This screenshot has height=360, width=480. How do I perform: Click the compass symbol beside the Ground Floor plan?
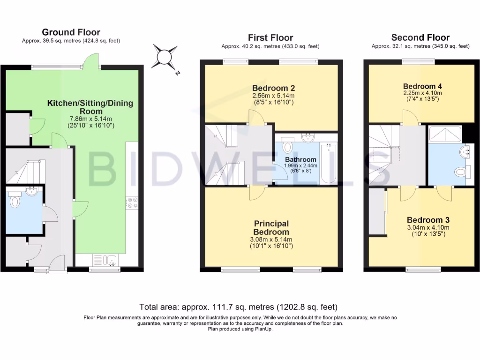click(x=165, y=57)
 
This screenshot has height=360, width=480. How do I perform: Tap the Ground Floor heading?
click(x=71, y=32)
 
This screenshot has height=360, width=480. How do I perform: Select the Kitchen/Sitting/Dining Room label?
click(x=90, y=107)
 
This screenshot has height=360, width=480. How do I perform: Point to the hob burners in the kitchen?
click(x=132, y=202)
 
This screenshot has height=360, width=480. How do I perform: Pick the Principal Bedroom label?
click(x=271, y=228)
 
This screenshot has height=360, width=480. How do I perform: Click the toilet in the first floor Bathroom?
click(x=288, y=146)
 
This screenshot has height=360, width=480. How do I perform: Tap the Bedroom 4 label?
click(x=422, y=86)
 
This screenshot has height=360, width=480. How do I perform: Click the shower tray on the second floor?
click(x=444, y=135)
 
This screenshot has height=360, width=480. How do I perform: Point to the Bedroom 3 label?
click(x=425, y=220)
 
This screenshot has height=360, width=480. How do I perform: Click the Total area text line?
click(x=238, y=307)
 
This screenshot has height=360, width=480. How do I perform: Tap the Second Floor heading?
click(x=420, y=37)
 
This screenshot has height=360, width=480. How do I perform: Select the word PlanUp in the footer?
click(x=263, y=329)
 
